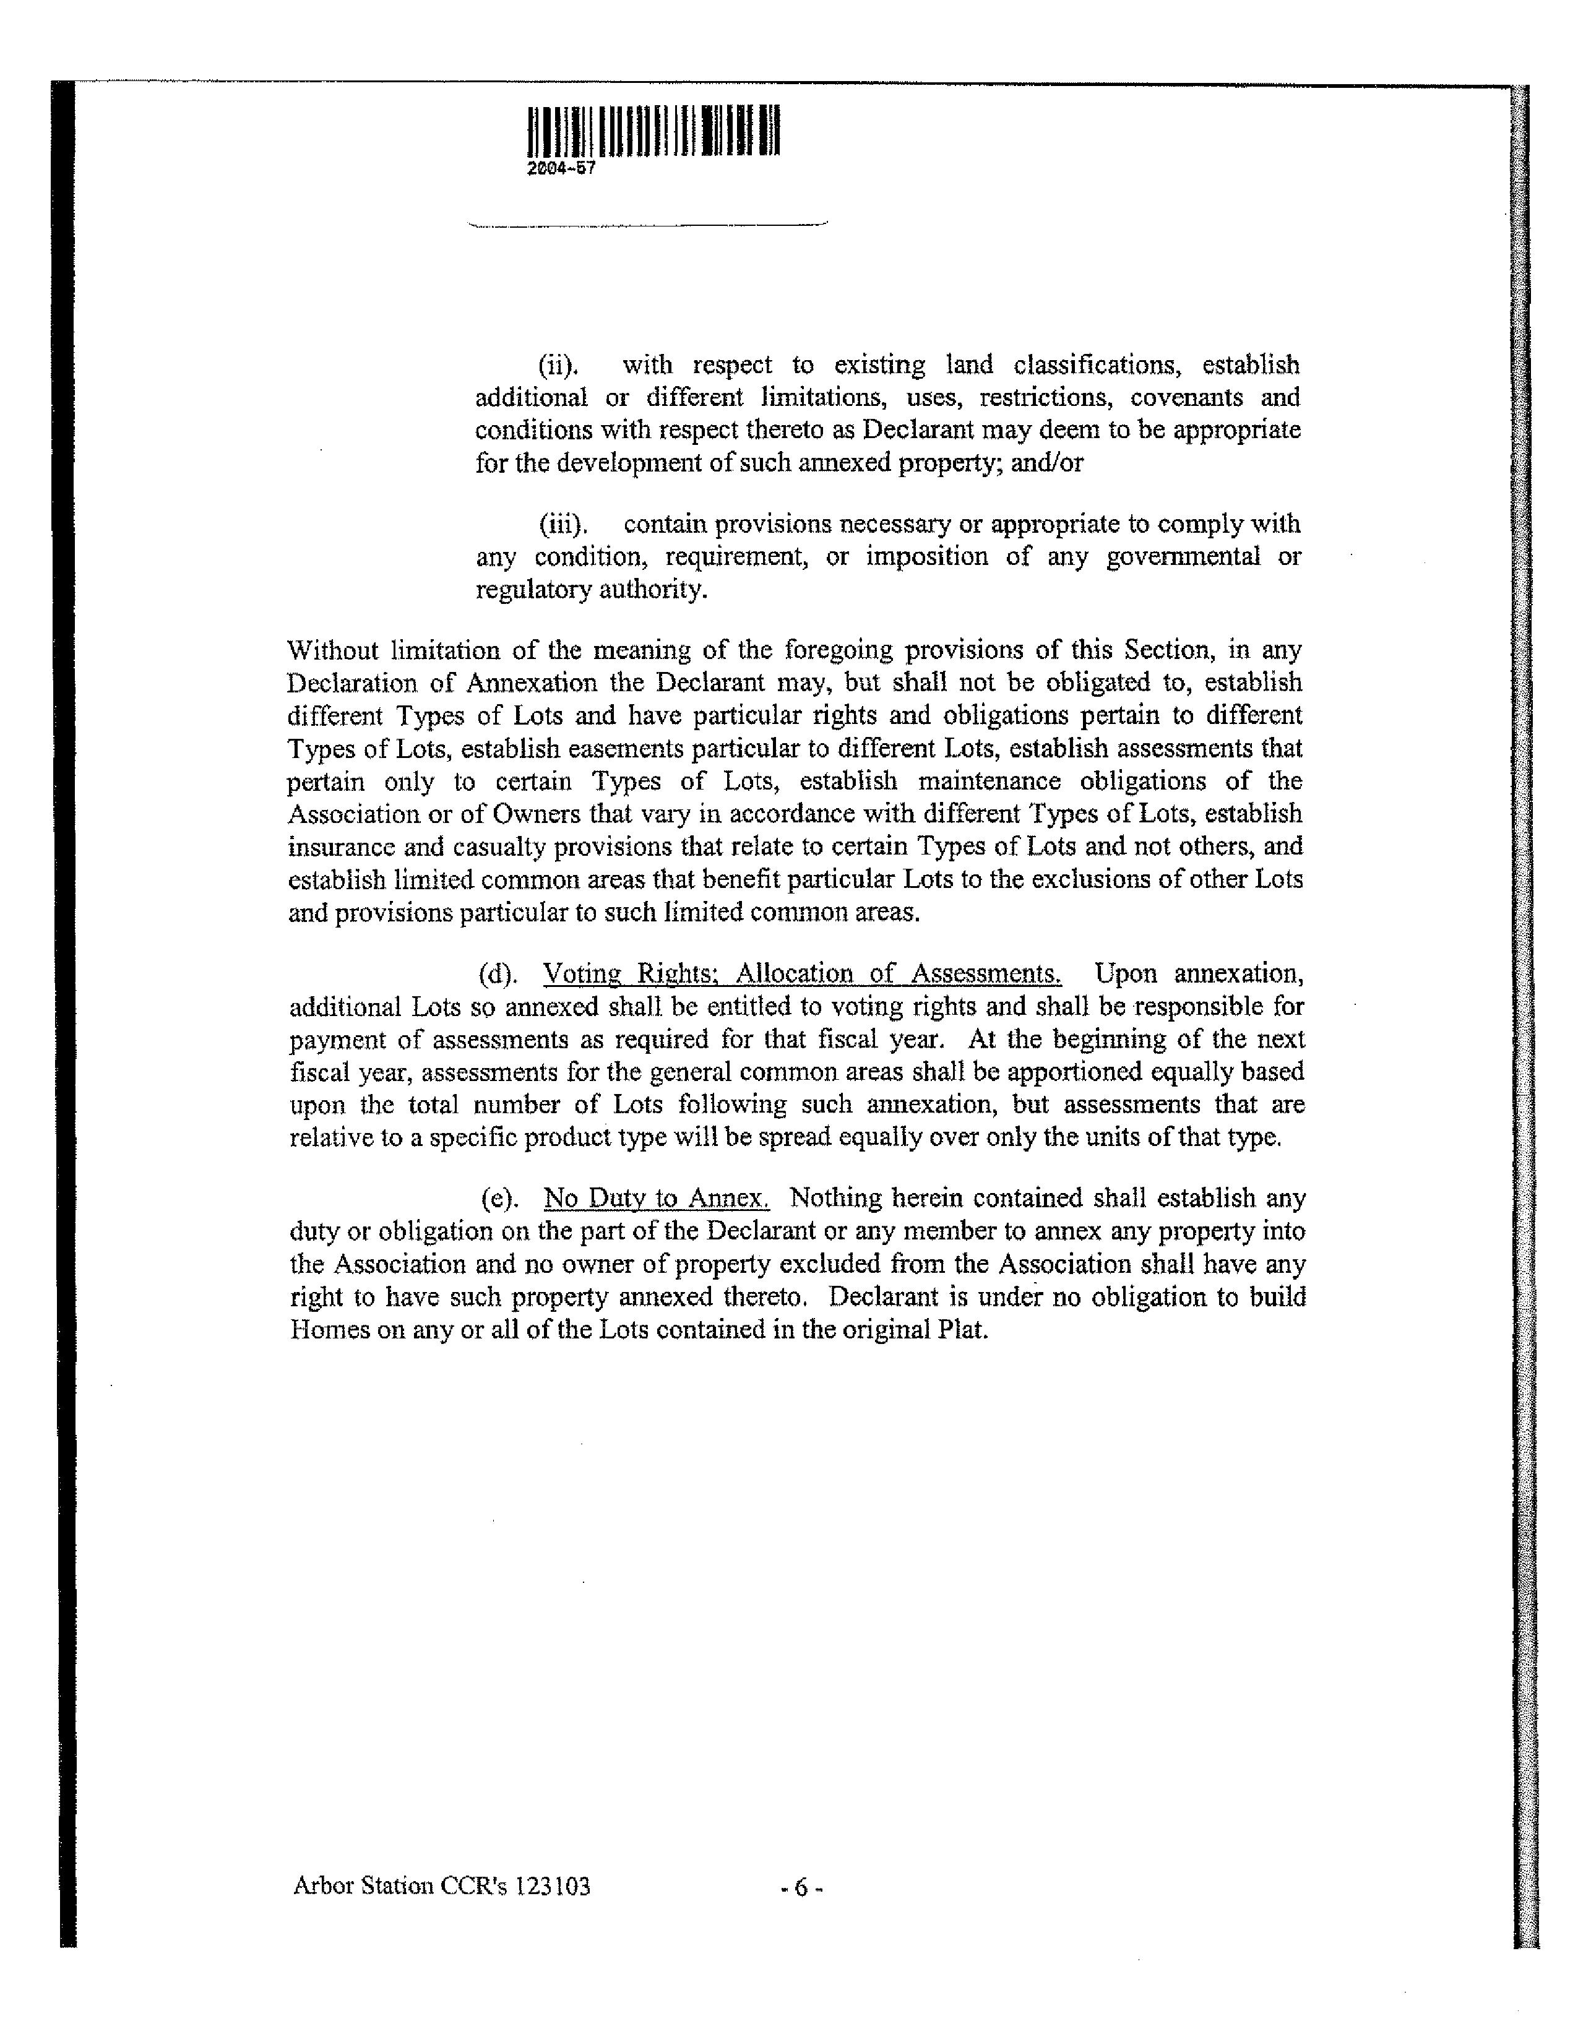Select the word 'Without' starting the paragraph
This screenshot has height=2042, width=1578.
(329, 650)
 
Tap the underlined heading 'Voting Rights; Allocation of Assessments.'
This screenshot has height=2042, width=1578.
(802, 974)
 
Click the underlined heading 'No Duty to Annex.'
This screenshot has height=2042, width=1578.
(656, 1199)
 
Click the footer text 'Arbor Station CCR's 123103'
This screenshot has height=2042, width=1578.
(441, 1887)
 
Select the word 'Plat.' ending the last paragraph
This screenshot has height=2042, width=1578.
(963, 1330)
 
